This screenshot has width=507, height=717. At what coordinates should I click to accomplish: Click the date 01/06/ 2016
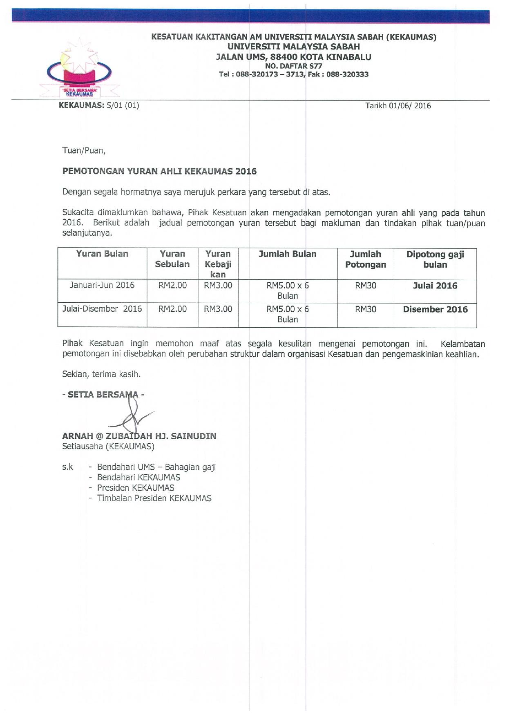tap(410, 106)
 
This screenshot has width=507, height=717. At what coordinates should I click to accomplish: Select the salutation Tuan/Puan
tap(84, 151)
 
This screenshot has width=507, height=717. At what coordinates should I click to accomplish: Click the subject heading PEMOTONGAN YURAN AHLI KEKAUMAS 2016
tap(159, 171)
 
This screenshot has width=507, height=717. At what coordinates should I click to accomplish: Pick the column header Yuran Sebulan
tap(172, 259)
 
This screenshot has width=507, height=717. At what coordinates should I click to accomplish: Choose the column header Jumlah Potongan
tap(365, 259)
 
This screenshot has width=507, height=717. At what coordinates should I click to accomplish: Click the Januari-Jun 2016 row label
tap(102, 285)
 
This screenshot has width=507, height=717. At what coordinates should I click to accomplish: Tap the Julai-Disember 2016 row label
tap(102, 309)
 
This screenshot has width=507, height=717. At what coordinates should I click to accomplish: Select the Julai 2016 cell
tap(435, 286)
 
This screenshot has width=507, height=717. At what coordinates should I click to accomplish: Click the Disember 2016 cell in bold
tap(435, 309)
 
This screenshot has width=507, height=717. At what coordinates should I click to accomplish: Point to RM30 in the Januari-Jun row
tap(365, 286)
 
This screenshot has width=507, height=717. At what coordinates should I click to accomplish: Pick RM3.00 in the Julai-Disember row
tap(218, 309)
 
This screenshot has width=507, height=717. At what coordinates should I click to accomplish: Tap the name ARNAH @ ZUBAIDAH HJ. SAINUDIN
tap(139, 436)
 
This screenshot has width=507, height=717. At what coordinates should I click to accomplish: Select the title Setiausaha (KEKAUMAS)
tap(108, 446)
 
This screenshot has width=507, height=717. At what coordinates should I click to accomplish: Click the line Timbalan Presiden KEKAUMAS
tap(154, 498)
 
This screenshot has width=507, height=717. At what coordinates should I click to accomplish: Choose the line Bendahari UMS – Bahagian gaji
tap(156, 467)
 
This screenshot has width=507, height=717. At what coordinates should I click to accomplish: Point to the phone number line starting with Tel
tap(294, 74)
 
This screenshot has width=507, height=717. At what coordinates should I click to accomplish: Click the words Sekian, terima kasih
tap(101, 374)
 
